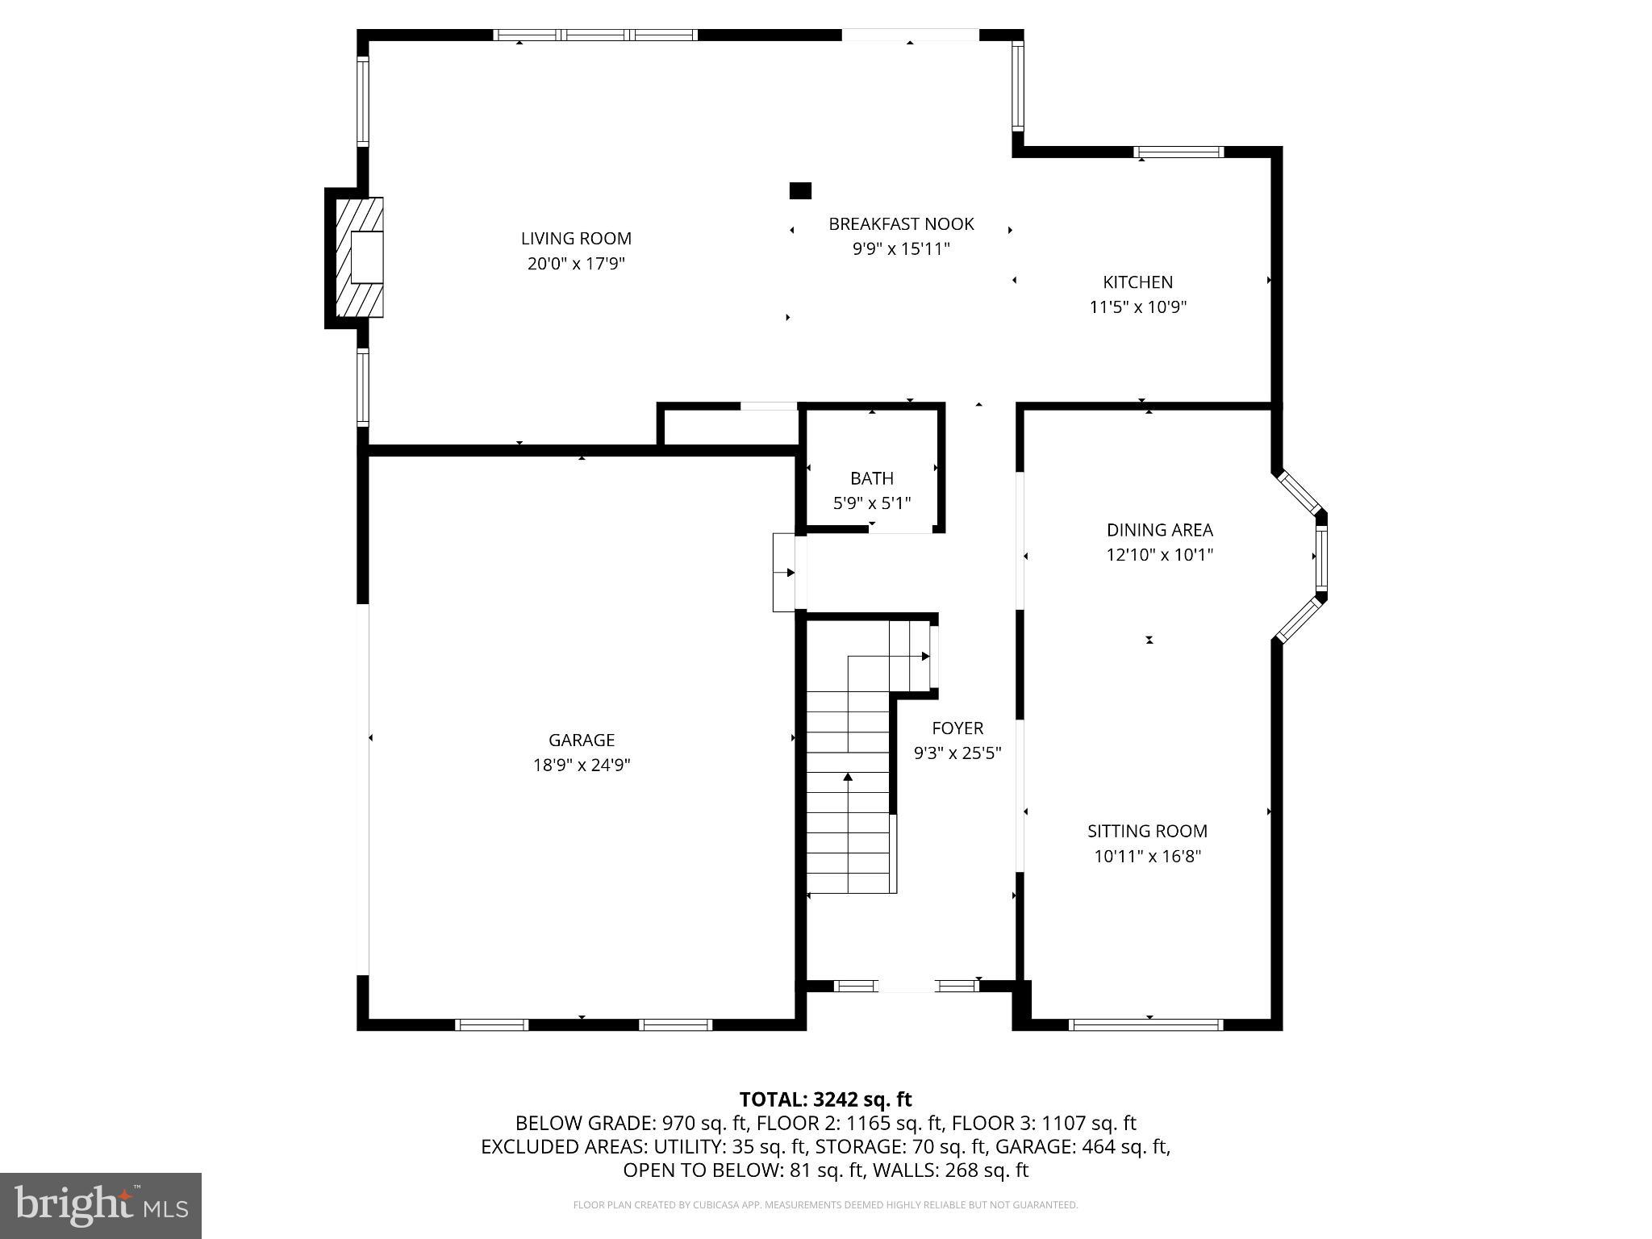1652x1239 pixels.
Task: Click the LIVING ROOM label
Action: [576, 239]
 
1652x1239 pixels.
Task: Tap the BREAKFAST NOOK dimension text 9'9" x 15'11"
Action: [901, 249]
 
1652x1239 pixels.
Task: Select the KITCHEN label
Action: [1137, 282]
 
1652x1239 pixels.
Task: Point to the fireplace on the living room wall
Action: [359, 257]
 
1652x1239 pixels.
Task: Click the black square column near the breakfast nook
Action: [799, 191]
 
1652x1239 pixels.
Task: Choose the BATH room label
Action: [871, 478]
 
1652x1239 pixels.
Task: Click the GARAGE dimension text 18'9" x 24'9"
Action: [581, 766]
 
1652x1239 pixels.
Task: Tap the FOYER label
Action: [957, 728]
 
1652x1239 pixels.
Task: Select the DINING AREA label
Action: [1159, 530]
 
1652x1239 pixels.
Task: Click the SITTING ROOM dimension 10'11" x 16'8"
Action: [1147, 857]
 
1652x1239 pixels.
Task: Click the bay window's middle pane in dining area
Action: [1320, 557]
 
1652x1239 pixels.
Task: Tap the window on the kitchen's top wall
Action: [1179, 152]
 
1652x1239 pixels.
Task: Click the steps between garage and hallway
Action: [784, 573]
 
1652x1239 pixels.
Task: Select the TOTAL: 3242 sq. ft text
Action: [825, 1099]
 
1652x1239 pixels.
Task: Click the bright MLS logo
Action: [101, 1205]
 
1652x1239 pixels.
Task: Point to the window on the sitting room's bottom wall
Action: [1145, 1024]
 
